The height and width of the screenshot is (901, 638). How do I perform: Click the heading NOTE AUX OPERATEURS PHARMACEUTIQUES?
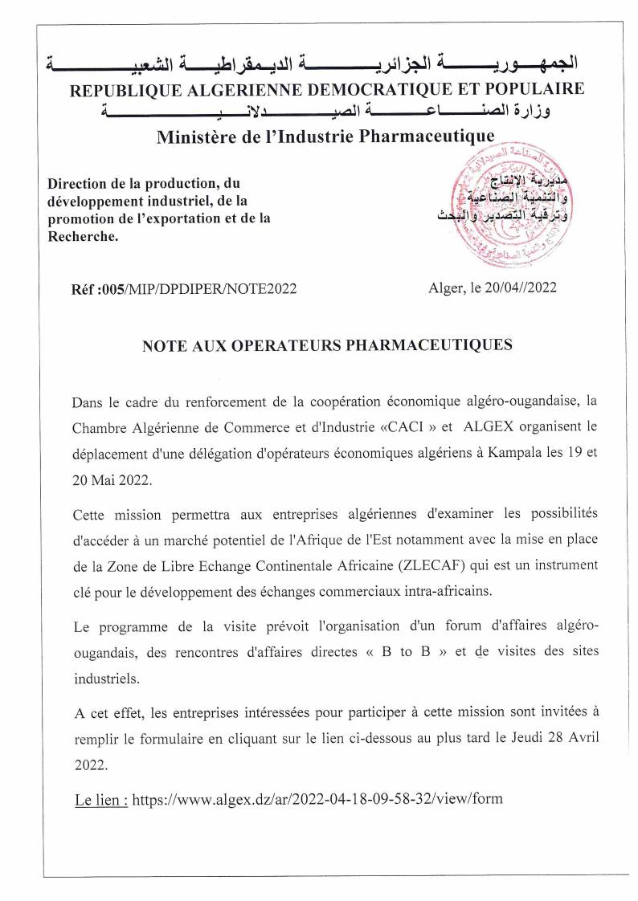click(327, 345)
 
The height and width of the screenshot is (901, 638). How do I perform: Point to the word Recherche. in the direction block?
click(83, 237)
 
